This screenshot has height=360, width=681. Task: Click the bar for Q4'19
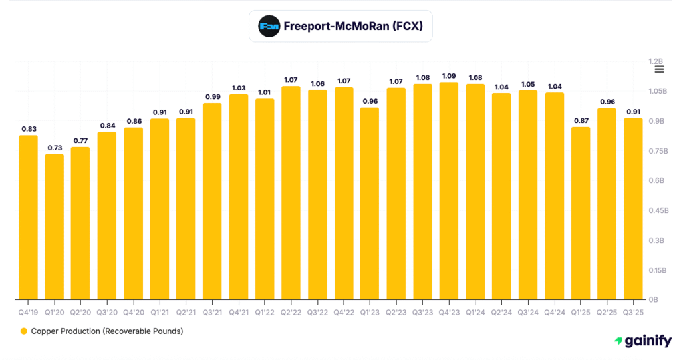click(x=28, y=218)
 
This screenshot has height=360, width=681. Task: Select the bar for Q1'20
click(x=55, y=227)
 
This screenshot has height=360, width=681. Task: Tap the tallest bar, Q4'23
click(x=449, y=191)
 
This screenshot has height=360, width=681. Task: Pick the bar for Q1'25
click(x=581, y=214)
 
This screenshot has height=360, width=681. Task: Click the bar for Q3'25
click(x=633, y=209)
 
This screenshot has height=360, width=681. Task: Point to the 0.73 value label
click(x=55, y=148)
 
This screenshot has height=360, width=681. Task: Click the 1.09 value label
click(x=449, y=75)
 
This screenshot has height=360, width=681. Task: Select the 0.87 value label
click(x=581, y=120)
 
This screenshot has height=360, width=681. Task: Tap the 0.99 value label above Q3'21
click(x=212, y=96)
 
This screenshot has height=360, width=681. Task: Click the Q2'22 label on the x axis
click(x=291, y=311)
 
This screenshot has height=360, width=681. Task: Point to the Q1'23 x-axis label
click(x=370, y=311)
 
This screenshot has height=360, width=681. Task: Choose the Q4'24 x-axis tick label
click(x=554, y=311)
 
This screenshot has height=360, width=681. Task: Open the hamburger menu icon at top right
click(x=659, y=69)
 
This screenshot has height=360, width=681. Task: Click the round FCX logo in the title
click(x=269, y=27)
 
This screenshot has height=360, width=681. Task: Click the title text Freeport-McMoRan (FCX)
click(x=353, y=27)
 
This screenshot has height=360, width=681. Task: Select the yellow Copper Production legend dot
click(x=23, y=331)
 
